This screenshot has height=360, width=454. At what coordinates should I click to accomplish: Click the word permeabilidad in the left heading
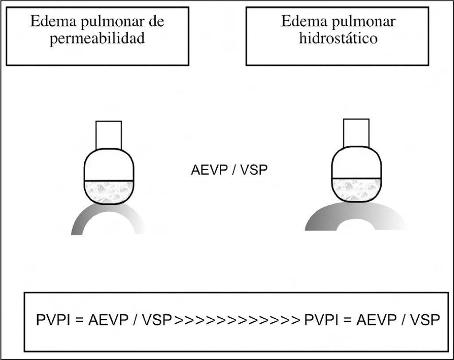97,39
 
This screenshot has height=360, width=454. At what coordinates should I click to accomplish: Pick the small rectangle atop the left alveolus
109,135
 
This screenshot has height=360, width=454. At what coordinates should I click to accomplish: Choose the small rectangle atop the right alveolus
356,133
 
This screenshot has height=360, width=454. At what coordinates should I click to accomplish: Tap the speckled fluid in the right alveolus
356,190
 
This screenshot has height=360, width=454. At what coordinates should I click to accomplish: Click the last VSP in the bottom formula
424,320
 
